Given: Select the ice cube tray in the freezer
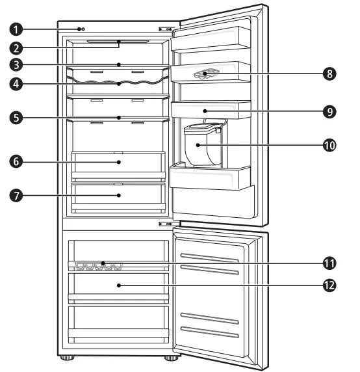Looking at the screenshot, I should click(x=98, y=265).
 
